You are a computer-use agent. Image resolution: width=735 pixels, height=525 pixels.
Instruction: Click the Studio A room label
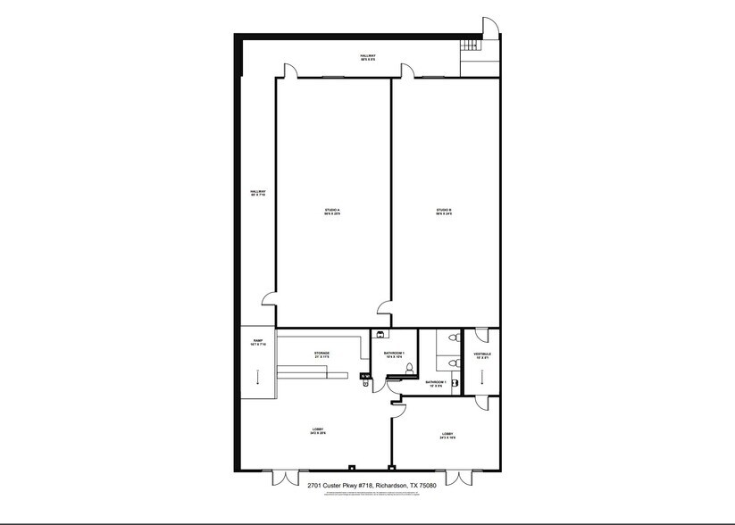[x=332, y=212]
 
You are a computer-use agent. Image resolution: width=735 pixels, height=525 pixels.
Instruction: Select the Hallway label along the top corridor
[x=368, y=58]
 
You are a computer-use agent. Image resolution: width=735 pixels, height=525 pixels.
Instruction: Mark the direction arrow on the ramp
[x=257, y=379]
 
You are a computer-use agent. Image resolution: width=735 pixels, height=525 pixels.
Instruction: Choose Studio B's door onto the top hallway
[x=409, y=71]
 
